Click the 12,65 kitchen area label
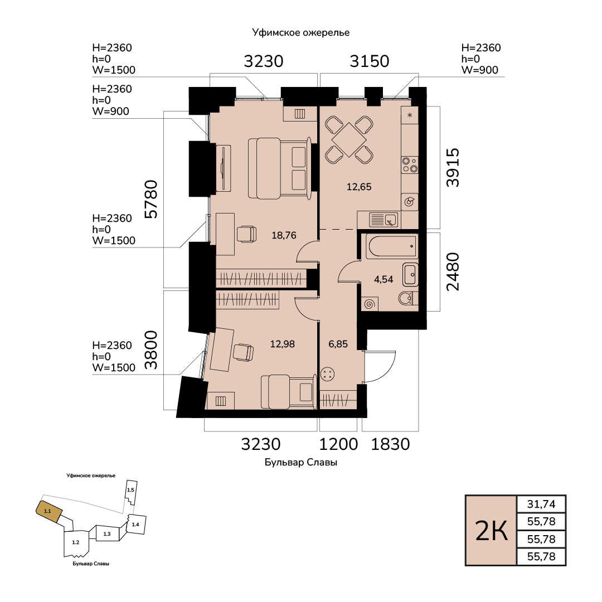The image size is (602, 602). [359, 187]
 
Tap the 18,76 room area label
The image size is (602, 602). [284, 235]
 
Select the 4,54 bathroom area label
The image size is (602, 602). [383, 279]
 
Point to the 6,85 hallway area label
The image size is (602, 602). [338, 344]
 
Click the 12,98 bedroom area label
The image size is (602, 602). [283, 344]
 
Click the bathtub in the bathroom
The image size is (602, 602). [391, 246]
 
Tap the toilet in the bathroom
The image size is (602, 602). [408, 298]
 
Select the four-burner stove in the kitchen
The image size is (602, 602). [410, 164]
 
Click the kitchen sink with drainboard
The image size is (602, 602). [383, 220]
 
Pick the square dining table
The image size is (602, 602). [349, 140]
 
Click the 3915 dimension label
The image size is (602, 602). [453, 167]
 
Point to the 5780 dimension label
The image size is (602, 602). [151, 199]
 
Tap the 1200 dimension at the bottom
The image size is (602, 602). [339, 444]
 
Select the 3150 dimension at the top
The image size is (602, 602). [370, 61]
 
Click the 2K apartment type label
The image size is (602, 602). [492, 531]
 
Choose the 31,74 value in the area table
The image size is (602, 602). [541, 504]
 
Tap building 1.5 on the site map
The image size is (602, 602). [131, 492]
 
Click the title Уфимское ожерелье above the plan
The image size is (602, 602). [301, 33]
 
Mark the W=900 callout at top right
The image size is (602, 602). [480, 70]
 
